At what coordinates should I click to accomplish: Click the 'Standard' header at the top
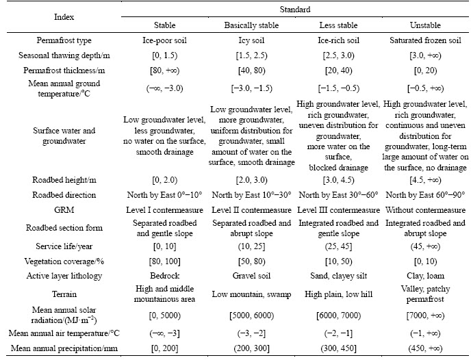point(294,10)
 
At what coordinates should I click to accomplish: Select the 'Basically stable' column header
point(251,25)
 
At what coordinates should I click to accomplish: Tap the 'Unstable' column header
point(425,25)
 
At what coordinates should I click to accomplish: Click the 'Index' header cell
point(64,17)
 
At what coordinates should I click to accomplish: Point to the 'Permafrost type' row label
point(64,40)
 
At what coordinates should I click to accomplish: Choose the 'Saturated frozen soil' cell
point(425,40)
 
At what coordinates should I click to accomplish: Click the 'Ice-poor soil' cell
point(164,40)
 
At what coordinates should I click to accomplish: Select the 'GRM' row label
point(64,210)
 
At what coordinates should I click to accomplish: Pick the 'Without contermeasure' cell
point(425,210)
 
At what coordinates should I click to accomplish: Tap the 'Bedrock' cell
point(164,276)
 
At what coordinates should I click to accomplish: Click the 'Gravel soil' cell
point(251,276)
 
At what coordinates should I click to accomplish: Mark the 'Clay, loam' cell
point(425,276)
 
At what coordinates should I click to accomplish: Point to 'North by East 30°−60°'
point(338,195)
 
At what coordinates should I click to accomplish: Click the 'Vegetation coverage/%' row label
point(64,261)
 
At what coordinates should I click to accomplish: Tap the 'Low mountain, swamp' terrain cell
point(251,294)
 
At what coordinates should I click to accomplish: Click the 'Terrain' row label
point(64,294)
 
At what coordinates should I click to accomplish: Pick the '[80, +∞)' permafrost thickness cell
point(164,70)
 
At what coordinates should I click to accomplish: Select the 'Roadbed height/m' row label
point(64,180)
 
